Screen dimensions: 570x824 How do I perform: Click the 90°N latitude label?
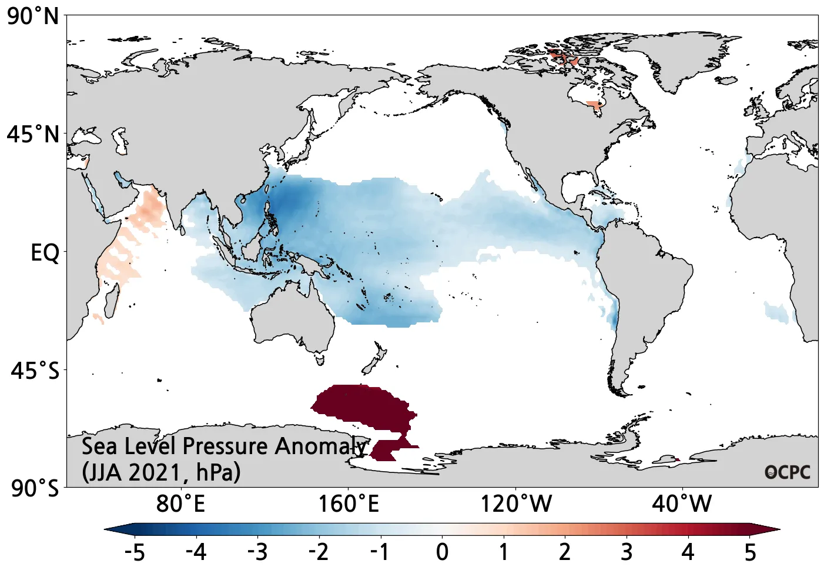(34, 16)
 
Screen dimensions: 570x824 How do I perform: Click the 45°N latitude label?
(34, 135)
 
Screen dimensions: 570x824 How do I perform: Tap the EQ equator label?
(45, 253)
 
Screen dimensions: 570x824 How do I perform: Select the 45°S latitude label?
(35, 371)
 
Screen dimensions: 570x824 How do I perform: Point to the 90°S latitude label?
(35, 488)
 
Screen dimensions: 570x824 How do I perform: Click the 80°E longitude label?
(180, 504)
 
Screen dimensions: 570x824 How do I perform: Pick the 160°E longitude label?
(348, 504)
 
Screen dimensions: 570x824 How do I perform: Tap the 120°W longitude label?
(516, 504)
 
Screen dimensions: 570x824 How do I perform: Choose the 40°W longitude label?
(682, 504)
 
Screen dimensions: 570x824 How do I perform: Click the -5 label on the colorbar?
(135, 552)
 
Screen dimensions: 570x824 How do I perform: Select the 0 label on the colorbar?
(443, 552)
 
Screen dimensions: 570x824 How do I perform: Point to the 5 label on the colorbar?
(750, 552)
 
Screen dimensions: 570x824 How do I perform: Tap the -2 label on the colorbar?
(319, 552)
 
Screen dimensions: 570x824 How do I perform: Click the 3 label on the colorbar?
(627, 552)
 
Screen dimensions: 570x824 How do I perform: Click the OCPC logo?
(787, 472)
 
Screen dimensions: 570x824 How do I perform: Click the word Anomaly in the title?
(321, 446)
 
